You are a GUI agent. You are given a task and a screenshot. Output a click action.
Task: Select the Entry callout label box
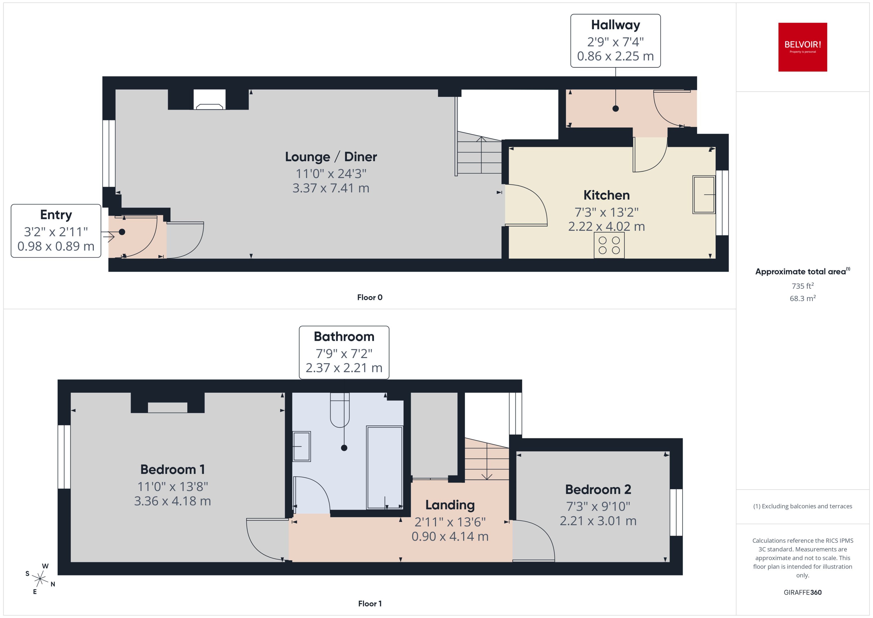point(56,231)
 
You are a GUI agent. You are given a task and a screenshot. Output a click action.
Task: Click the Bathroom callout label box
point(344,352)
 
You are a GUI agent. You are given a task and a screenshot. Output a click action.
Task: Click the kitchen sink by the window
point(703,194)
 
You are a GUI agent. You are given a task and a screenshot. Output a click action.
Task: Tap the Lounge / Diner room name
point(330,156)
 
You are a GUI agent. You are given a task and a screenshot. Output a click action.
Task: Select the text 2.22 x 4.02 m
point(606,227)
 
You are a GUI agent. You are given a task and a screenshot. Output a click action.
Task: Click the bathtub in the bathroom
point(384,467)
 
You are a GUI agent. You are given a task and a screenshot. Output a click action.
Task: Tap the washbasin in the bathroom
point(301,446)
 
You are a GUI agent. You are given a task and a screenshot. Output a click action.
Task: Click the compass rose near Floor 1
point(40,579)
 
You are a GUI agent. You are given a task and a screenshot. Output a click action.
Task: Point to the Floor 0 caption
point(369,297)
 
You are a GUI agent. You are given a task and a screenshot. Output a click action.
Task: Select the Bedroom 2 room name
point(598,489)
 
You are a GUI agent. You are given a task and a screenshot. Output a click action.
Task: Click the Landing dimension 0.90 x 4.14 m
point(450,536)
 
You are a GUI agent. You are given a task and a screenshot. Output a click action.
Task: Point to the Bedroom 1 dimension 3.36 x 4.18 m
point(172,501)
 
